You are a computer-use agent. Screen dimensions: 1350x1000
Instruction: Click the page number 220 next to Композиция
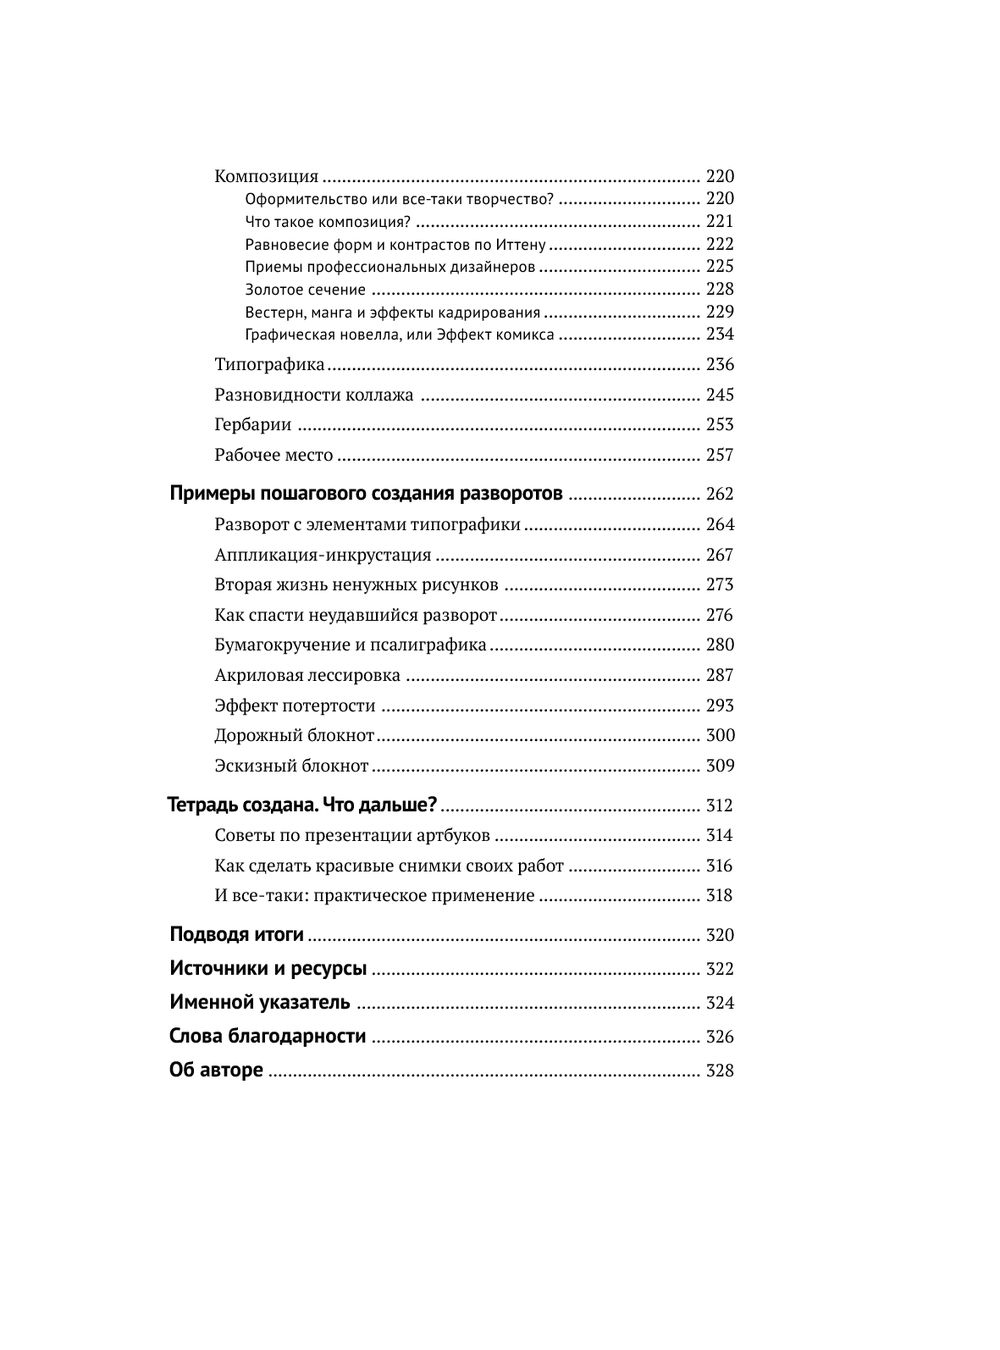(x=719, y=176)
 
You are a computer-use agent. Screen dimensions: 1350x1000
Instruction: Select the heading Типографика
(x=269, y=365)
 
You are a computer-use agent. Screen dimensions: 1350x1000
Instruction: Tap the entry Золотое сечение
(x=305, y=290)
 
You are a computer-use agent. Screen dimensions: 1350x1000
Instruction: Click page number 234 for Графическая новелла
(x=719, y=334)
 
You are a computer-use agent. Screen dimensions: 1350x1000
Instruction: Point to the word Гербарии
(x=253, y=425)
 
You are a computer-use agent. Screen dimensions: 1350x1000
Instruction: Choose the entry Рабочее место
(x=273, y=455)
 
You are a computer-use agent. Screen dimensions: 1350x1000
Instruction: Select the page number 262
(x=719, y=494)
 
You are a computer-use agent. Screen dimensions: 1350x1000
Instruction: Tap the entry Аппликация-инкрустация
(x=322, y=555)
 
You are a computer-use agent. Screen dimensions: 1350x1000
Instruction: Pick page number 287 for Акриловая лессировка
(x=719, y=675)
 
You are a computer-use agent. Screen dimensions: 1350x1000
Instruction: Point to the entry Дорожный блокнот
(x=294, y=736)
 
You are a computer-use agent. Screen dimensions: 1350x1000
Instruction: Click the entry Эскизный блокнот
(x=291, y=766)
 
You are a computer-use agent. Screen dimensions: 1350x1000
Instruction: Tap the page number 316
(x=719, y=866)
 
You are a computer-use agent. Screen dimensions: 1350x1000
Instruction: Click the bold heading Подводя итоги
(x=236, y=935)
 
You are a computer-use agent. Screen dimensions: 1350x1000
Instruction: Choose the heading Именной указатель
(x=259, y=1003)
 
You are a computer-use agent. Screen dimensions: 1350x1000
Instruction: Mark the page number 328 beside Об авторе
(x=719, y=1071)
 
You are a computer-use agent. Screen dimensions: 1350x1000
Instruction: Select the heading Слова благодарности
(x=267, y=1037)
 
